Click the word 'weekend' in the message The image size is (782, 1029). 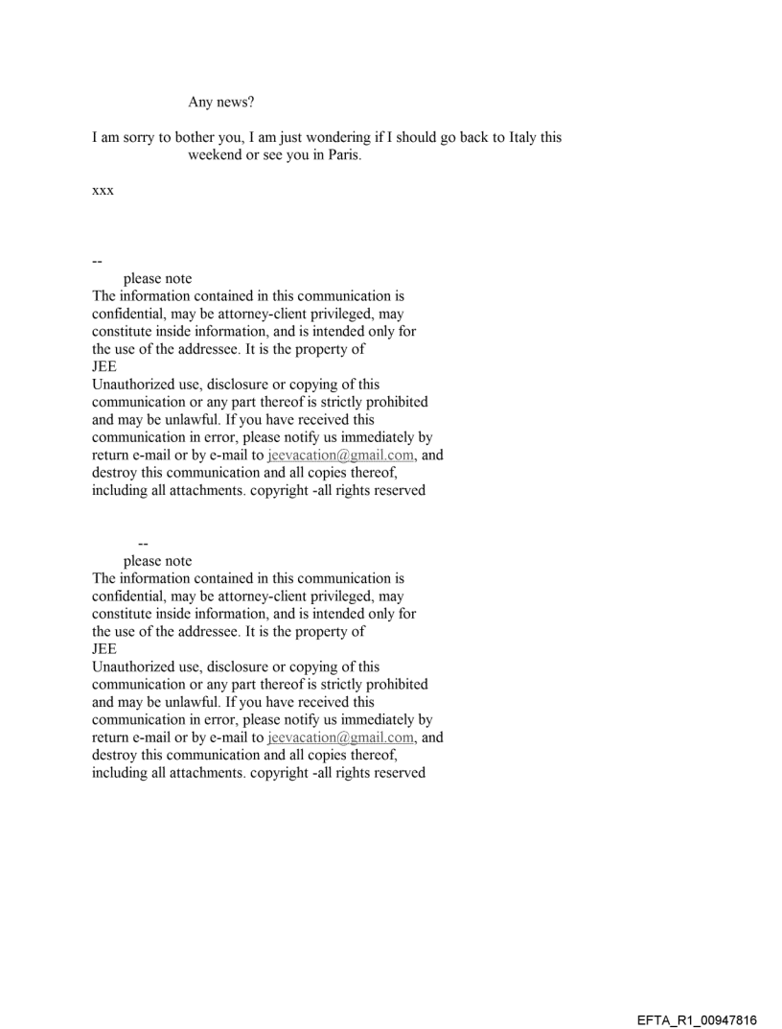(x=216, y=156)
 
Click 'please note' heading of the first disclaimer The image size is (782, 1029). (x=157, y=279)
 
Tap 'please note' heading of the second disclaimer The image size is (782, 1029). (x=157, y=561)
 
